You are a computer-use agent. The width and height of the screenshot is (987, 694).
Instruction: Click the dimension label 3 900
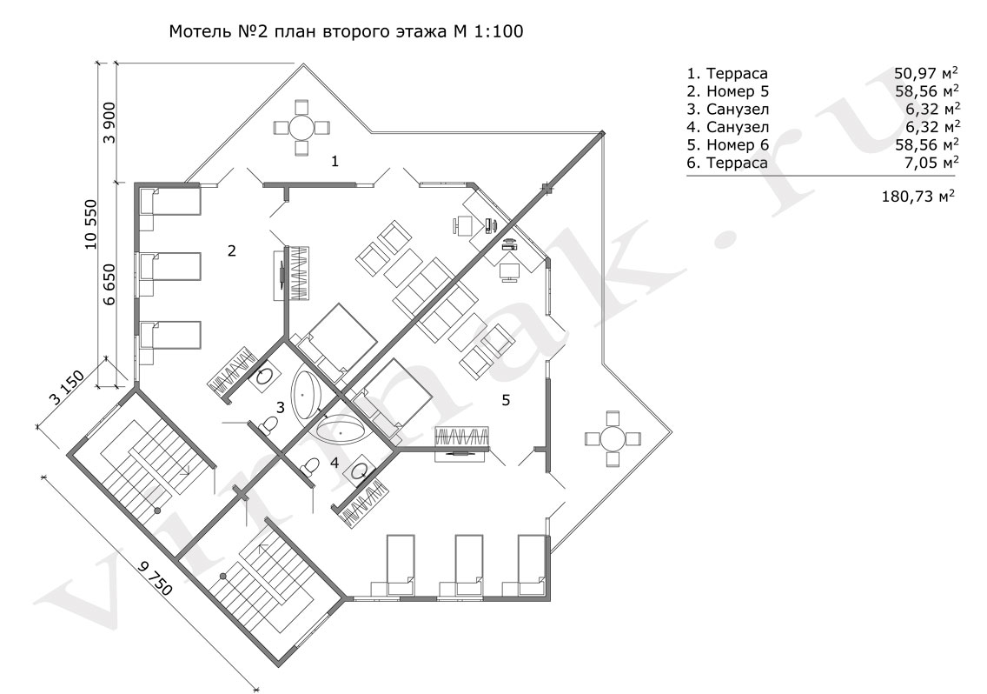coord(109,123)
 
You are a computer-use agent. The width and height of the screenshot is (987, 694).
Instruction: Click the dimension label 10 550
coord(91,224)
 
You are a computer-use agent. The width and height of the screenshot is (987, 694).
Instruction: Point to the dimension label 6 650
coord(109,285)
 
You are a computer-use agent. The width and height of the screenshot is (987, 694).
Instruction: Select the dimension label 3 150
coord(66,389)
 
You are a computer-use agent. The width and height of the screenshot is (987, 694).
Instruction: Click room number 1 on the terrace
coord(335,162)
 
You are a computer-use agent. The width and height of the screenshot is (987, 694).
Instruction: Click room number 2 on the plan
coord(232,250)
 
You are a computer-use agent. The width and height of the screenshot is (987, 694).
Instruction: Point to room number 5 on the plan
coord(506,400)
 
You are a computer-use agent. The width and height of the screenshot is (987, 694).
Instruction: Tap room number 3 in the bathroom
coord(280,408)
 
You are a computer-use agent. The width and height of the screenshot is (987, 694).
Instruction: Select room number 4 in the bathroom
coord(335,463)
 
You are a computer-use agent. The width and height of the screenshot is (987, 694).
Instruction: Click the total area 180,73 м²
coord(918,196)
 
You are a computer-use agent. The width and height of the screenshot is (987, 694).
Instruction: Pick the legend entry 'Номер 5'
coord(738,91)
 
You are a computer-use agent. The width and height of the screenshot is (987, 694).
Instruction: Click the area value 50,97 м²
coord(926,73)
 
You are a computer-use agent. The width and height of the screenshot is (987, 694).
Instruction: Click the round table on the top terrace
coord(301,127)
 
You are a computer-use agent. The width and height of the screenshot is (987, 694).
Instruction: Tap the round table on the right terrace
coord(612,438)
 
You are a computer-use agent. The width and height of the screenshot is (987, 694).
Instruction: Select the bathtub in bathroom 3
coord(307,393)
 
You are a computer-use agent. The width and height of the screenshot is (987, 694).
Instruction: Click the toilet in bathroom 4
coord(309,467)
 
